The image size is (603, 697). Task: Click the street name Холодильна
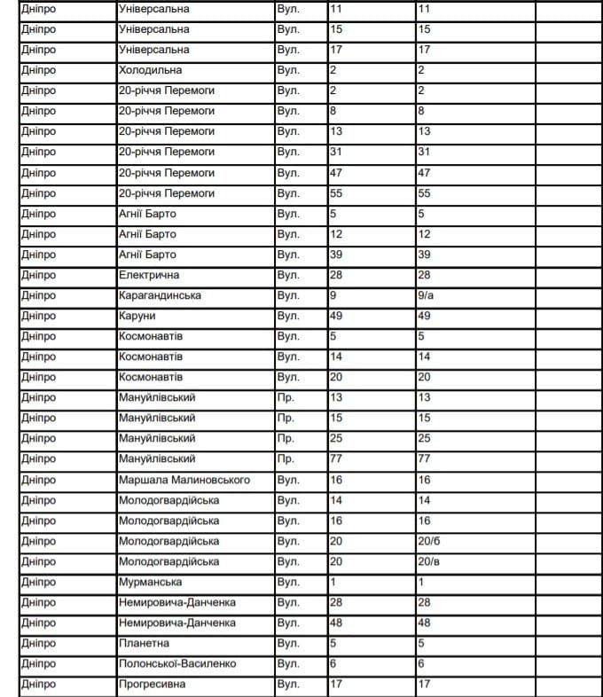pos(150,70)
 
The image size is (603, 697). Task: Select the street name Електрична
pos(150,275)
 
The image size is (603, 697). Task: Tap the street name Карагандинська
pos(160,295)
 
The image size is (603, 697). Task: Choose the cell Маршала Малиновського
pos(184,480)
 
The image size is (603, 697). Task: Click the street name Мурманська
pos(150,582)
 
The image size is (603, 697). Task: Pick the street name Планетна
pos(144,643)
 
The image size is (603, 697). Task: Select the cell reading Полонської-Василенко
pos(177,663)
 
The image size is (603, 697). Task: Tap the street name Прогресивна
pos(153,685)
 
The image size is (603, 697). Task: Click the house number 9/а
pos(426,295)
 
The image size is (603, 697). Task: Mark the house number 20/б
pos(428,541)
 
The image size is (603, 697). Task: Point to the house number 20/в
pos(428,561)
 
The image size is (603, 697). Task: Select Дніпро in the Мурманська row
pos(38,582)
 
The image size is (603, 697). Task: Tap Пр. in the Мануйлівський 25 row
pos(285,439)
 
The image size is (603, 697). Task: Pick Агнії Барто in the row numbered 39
pos(147,255)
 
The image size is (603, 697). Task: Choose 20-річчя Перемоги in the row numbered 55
pos(167,193)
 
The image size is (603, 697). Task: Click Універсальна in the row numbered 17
pos(153,50)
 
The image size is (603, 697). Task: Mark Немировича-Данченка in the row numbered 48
pos(177,623)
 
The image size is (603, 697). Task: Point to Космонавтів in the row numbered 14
pos(151,356)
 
